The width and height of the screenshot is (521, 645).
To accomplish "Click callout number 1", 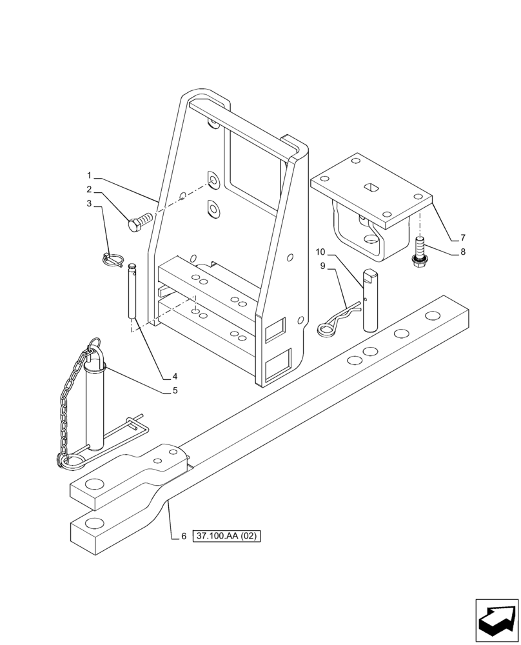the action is [x=90, y=175].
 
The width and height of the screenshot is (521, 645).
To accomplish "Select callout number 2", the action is [x=90, y=190].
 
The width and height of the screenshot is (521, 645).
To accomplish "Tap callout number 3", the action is [x=90, y=204].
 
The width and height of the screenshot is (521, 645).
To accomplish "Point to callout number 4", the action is [x=175, y=376].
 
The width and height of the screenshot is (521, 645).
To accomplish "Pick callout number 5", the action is [x=175, y=390].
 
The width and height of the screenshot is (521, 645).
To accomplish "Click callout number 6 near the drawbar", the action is [x=184, y=535].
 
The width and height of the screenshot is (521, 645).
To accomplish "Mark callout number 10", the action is [x=321, y=251].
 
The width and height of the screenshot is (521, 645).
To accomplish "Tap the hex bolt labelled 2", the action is [x=139, y=224].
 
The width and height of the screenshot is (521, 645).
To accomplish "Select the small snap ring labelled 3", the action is [x=112, y=259].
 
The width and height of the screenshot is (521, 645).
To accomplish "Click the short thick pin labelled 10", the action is [x=371, y=300].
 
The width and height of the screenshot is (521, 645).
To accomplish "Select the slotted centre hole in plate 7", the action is [x=372, y=187].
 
